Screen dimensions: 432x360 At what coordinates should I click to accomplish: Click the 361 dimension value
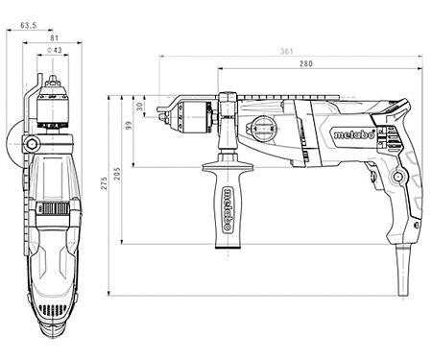coord(287,51)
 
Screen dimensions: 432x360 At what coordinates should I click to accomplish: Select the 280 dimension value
coord(306,63)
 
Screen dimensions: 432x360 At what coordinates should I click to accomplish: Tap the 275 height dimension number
coord(105,183)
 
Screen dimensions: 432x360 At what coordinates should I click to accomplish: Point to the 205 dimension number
coord(117,174)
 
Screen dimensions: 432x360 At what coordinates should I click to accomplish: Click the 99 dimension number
coord(129,125)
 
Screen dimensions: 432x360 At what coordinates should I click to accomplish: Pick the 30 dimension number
coord(140,107)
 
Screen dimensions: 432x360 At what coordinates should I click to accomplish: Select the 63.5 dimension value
coord(29,25)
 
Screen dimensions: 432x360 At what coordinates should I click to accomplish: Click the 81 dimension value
coord(55,37)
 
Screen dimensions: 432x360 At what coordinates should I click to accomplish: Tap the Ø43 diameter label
coord(55,50)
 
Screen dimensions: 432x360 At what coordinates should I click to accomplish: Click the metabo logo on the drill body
coord(354,134)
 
